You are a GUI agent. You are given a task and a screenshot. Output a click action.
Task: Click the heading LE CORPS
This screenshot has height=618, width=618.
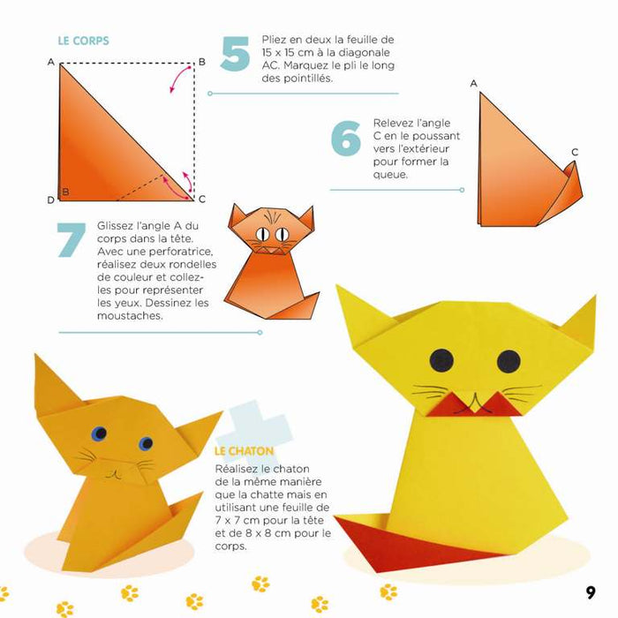[83, 41]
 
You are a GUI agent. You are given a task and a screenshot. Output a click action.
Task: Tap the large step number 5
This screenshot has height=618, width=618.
[235, 54]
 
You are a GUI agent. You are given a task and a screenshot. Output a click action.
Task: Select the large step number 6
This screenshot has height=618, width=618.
[345, 139]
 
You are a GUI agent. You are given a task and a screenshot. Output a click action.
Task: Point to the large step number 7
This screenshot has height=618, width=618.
[73, 240]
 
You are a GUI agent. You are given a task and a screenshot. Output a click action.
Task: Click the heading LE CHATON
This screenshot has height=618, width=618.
[244, 451]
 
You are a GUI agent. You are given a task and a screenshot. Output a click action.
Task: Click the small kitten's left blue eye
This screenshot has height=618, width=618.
[99, 433]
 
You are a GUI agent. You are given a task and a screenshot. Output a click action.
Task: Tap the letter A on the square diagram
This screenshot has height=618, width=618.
[52, 63]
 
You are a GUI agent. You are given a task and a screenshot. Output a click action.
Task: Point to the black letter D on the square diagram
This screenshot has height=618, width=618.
[51, 199]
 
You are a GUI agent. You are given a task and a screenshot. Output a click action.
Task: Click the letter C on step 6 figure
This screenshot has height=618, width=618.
[574, 152]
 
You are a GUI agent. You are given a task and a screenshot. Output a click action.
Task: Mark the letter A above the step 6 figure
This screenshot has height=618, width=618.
[474, 84]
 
